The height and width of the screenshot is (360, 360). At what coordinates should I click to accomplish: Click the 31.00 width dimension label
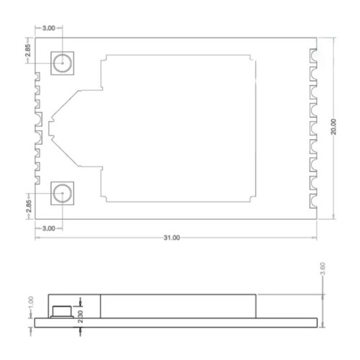(172, 238)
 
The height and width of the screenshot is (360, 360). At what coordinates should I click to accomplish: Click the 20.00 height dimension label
(333, 127)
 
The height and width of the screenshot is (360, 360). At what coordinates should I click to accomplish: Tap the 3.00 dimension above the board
(49, 28)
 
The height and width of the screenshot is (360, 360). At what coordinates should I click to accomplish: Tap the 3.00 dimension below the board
(49, 228)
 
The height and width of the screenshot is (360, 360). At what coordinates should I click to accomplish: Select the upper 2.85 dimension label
(28, 50)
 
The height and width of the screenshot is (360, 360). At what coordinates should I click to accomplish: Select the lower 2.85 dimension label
(29, 206)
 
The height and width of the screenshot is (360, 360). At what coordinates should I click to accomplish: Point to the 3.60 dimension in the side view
(323, 269)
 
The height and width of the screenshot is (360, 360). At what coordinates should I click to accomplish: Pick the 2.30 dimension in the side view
(81, 317)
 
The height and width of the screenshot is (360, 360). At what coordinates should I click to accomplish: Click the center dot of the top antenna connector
(63, 63)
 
